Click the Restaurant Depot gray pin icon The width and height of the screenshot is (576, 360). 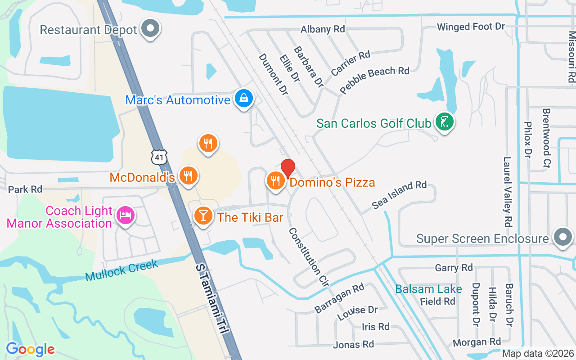[x=150, y=29]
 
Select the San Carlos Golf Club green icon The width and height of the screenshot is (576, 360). [x=444, y=122]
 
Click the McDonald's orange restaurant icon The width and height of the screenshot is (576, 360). [x=186, y=176]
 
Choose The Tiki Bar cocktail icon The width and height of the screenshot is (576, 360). [x=203, y=216]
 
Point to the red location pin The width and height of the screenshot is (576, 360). [x=288, y=169]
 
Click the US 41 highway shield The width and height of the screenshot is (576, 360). [x=159, y=157]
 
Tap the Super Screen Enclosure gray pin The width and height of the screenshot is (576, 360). [x=562, y=237]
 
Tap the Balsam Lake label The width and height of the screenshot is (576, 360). [x=428, y=289]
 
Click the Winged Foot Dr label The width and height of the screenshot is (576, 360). [x=471, y=27]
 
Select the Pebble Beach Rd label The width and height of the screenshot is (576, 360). [x=374, y=80]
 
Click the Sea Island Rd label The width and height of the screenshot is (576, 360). [x=399, y=195]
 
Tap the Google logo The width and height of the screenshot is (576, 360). [x=30, y=349]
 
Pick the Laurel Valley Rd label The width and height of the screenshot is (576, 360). [x=508, y=191]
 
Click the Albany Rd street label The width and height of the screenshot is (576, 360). [x=323, y=29]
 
